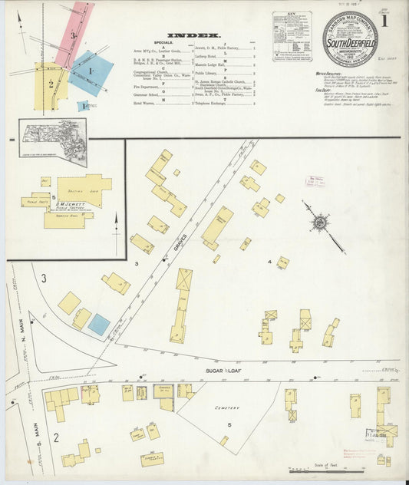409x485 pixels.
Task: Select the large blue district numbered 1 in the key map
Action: coord(91,72)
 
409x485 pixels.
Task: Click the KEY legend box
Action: coord(292,35)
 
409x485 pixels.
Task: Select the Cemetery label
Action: coord(226,408)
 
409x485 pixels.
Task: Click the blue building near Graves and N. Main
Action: coord(98,325)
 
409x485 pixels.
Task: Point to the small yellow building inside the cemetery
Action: coord(224,440)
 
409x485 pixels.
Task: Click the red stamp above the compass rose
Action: coord(315,181)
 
